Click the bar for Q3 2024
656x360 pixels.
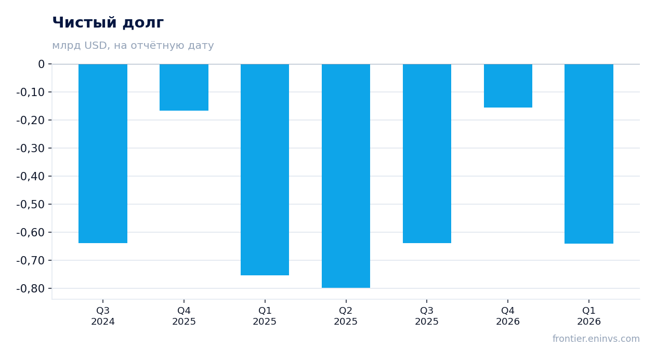click(x=103, y=153)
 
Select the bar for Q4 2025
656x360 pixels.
click(x=184, y=87)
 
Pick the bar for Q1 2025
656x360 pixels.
click(x=265, y=169)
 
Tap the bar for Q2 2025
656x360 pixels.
click(x=346, y=176)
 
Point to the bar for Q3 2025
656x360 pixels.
click(x=427, y=153)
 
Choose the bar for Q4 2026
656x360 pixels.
click(x=508, y=86)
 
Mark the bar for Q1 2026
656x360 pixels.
click(x=589, y=154)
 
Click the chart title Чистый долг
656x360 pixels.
click(x=108, y=23)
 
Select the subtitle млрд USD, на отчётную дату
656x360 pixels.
click(x=133, y=45)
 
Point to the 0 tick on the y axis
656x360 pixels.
click(x=41, y=64)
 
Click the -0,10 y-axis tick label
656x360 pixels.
click(x=31, y=92)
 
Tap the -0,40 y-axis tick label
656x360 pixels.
click(x=31, y=176)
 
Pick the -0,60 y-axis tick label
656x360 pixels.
click(x=31, y=232)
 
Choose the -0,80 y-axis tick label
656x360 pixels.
click(x=31, y=289)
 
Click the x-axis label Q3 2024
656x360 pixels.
click(x=103, y=316)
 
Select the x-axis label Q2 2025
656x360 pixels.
click(x=346, y=316)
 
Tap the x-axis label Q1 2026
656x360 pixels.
click(x=589, y=316)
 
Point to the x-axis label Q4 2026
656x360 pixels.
click(x=508, y=316)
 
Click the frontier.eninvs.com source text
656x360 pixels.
click(x=596, y=339)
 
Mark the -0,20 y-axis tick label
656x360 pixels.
click(x=31, y=121)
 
